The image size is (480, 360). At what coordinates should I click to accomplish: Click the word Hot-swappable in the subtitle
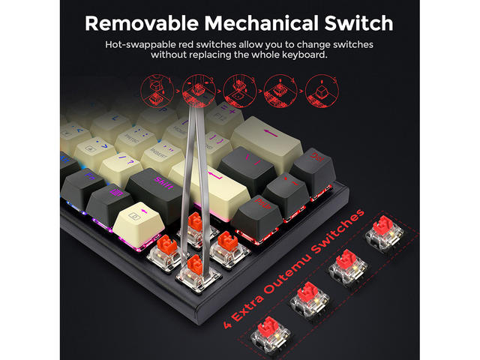tap(140, 44)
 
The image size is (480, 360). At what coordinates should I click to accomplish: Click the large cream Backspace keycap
tap(266, 139)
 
